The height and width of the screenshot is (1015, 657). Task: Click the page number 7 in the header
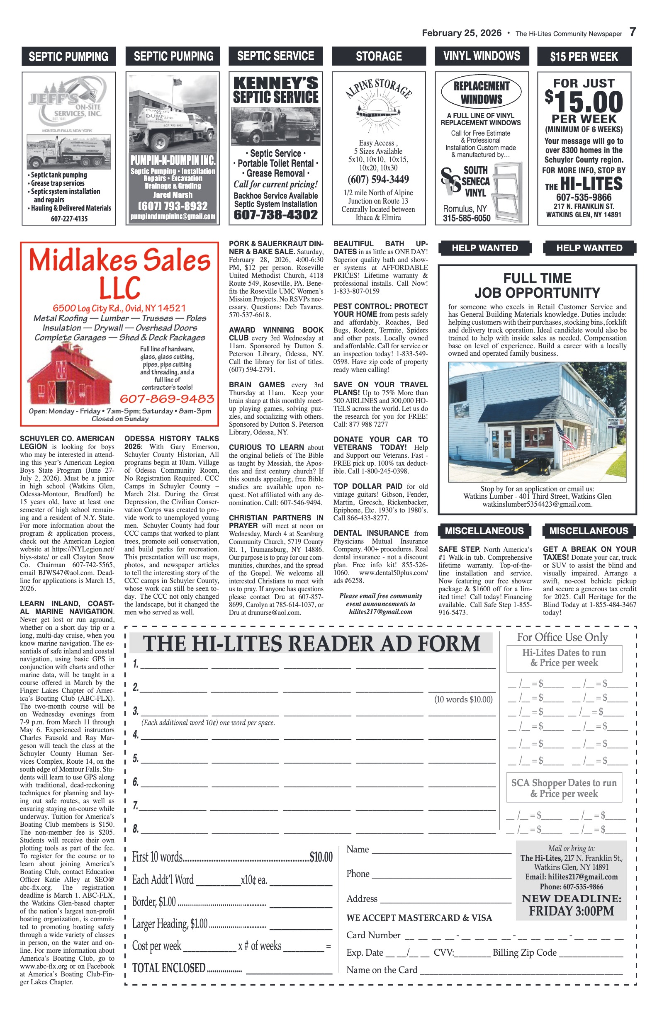pos(632,32)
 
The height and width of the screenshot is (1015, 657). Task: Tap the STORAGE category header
pos(378,56)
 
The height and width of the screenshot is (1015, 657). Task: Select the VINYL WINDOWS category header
pos(482,56)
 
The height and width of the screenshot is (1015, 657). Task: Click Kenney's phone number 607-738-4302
pos(275,214)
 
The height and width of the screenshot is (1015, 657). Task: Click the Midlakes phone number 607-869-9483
pos(167,398)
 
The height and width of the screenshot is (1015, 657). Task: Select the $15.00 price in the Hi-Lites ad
pos(584,102)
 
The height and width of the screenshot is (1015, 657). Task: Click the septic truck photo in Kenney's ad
pos(275,126)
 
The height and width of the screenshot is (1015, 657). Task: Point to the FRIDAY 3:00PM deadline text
pos(571,911)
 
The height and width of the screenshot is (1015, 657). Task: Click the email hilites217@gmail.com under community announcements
pos(380,612)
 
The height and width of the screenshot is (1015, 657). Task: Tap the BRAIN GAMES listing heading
pos(257,385)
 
